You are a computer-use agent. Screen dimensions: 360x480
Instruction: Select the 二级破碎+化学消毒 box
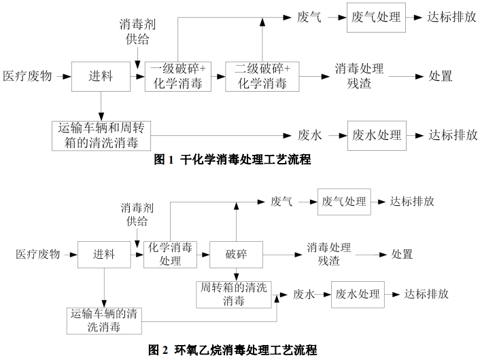262,76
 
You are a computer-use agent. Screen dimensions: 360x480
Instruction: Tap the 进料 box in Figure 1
101,76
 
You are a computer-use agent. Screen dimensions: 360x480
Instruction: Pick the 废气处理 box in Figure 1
374,17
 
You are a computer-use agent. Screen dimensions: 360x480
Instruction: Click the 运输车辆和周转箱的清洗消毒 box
103,134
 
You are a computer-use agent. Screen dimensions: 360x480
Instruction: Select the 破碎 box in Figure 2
236,255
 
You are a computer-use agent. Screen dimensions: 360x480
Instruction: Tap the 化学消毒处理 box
170,255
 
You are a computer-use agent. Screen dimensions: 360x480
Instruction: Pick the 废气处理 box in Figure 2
344,202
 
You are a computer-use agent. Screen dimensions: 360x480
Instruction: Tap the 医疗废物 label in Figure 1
27,76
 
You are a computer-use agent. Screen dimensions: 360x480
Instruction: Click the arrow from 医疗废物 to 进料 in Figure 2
69,255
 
